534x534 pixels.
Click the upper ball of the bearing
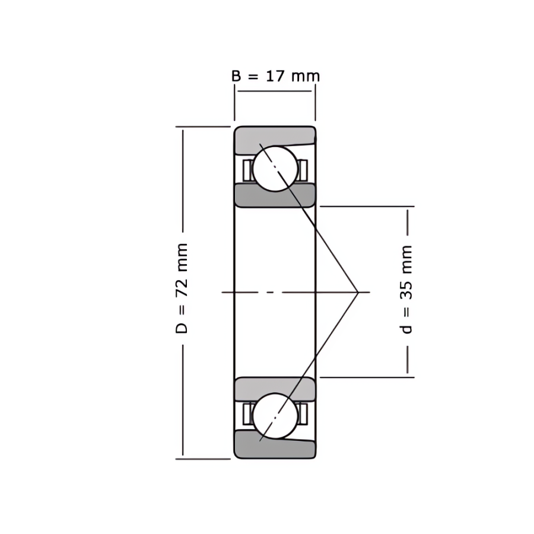(275, 169)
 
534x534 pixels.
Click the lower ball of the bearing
(275, 416)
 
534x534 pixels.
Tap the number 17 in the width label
(275, 76)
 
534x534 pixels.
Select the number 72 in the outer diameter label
(182, 288)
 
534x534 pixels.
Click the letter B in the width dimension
(236, 76)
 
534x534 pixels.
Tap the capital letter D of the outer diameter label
(182, 328)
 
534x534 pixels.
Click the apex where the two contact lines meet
(358, 292)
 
